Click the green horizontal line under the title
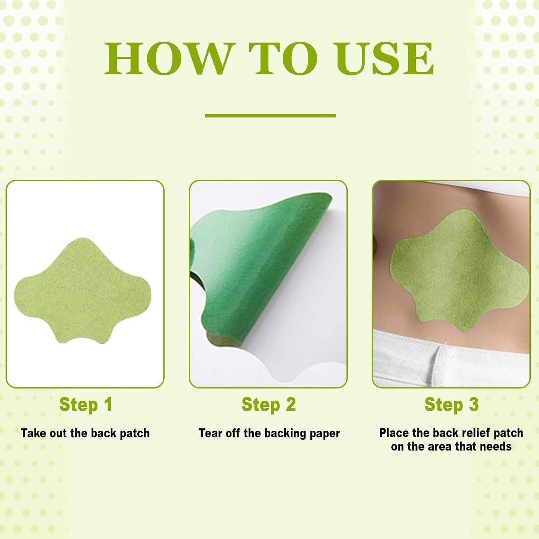point(270,116)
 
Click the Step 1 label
point(86,405)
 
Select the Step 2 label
point(268,405)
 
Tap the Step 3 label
point(451,405)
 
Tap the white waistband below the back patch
point(449,356)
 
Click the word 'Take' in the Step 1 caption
point(33,433)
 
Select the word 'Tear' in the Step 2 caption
point(211,433)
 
